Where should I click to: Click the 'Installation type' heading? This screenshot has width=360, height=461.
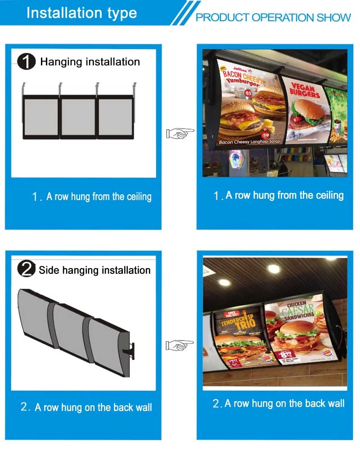(81, 13)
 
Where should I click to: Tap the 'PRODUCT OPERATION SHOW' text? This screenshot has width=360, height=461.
(273, 18)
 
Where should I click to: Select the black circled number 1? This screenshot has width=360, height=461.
(27, 62)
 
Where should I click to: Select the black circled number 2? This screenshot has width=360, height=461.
(26, 269)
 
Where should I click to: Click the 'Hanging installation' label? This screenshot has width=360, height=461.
(90, 62)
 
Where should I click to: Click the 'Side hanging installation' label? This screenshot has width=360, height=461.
(94, 270)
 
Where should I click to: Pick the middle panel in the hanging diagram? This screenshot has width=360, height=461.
(78, 116)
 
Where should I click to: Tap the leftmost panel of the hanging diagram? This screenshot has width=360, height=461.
(41, 116)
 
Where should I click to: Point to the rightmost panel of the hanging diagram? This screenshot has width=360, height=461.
(116, 116)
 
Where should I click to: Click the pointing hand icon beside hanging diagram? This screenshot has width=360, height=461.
(180, 133)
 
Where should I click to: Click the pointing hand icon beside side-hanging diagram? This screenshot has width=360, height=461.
(180, 345)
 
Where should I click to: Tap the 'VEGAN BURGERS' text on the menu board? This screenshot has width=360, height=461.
(306, 91)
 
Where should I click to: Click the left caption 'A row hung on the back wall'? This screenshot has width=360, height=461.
(87, 407)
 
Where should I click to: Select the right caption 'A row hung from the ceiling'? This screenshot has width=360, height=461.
(279, 195)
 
